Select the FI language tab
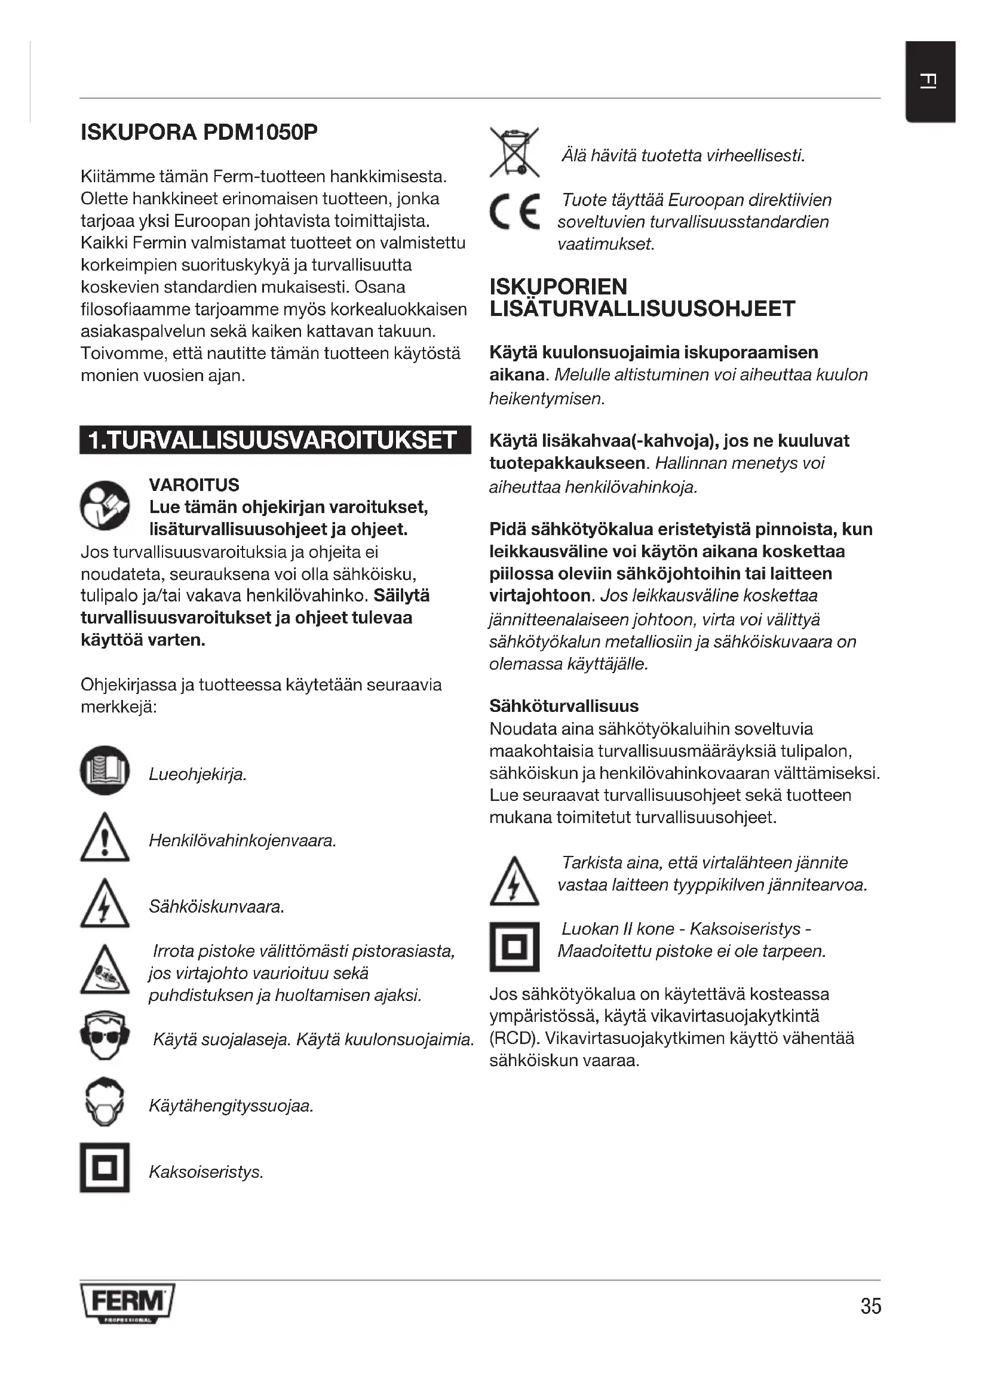click(x=929, y=81)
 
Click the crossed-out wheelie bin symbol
click(x=515, y=152)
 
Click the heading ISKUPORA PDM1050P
click(x=200, y=132)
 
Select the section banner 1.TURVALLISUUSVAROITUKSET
click(x=274, y=440)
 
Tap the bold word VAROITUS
click(x=194, y=485)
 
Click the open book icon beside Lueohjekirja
click(x=105, y=770)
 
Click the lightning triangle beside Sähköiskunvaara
click(x=105, y=904)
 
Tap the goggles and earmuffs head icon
click(x=105, y=1036)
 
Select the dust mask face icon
click(x=105, y=1103)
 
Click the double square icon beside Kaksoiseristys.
click(x=105, y=1168)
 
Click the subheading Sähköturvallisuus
click(x=564, y=706)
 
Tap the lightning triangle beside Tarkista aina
click(x=514, y=882)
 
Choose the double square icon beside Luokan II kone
click(x=515, y=947)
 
